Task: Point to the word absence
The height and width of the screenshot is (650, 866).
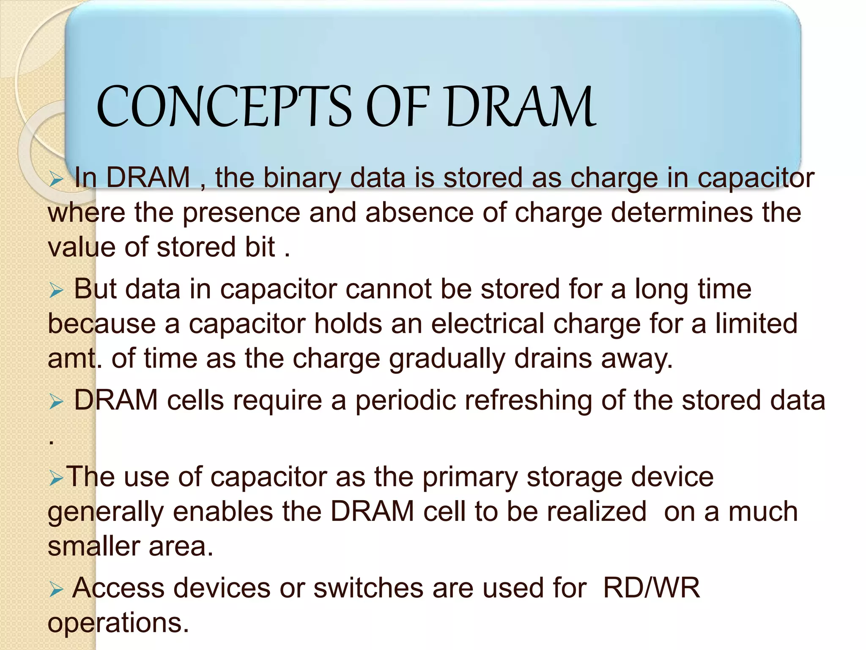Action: pos(419,212)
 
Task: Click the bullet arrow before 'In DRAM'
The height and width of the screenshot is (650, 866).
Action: pos(56,179)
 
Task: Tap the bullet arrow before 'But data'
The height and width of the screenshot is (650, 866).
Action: pos(56,291)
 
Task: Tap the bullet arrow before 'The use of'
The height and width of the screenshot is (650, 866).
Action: pos(56,479)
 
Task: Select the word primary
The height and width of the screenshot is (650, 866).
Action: pos(470,478)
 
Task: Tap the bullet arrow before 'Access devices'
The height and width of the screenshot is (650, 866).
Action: pos(56,589)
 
